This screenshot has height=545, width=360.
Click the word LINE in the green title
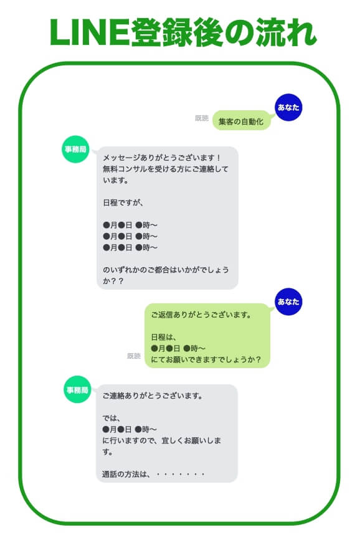click(90, 32)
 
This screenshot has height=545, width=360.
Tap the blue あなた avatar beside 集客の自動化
click(288, 107)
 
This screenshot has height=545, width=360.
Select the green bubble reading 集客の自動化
click(241, 121)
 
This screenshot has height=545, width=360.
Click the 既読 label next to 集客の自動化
click(202, 118)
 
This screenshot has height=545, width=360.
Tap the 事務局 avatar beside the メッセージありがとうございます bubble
click(75, 149)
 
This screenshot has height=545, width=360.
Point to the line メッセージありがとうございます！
click(162, 158)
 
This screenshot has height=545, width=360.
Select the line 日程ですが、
click(123, 202)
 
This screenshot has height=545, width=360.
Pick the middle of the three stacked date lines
click(130, 236)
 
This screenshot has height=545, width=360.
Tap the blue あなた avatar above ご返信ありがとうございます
click(288, 301)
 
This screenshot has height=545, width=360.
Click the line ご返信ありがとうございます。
click(201, 315)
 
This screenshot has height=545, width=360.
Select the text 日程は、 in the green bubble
click(164, 337)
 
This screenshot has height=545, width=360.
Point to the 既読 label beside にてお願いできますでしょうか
click(134, 356)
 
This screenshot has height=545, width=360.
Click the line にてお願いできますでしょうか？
click(206, 359)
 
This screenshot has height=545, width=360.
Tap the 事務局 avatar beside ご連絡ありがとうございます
click(77, 389)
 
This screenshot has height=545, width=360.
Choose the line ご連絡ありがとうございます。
click(153, 396)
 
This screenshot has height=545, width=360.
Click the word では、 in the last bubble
click(111, 418)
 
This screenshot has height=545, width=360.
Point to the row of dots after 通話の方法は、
click(181, 474)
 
